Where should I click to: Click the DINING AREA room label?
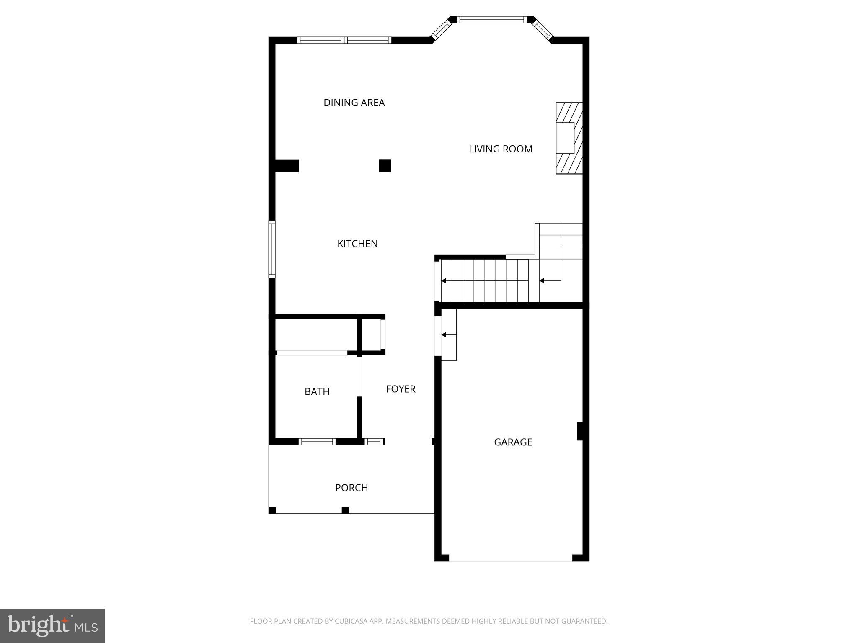click(354, 103)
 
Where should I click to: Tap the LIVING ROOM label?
click(500, 149)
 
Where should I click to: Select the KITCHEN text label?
click(357, 244)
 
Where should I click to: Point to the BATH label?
click(317, 391)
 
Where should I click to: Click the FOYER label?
click(401, 389)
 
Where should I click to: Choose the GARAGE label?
click(513, 442)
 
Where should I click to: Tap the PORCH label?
click(351, 488)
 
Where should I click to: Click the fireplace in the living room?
click(569, 138)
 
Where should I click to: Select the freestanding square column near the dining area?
click(385, 166)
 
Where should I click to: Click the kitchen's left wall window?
click(272, 249)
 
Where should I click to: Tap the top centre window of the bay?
click(491, 19)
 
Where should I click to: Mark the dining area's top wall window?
click(344, 40)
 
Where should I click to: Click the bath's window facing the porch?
click(317, 442)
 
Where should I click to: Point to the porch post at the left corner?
click(272, 510)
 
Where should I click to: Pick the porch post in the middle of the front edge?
click(345, 510)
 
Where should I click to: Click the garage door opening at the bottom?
click(510, 558)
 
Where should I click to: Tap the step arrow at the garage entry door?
click(444, 334)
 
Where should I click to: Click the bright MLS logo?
click(52, 625)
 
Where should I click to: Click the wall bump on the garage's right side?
click(580, 431)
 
